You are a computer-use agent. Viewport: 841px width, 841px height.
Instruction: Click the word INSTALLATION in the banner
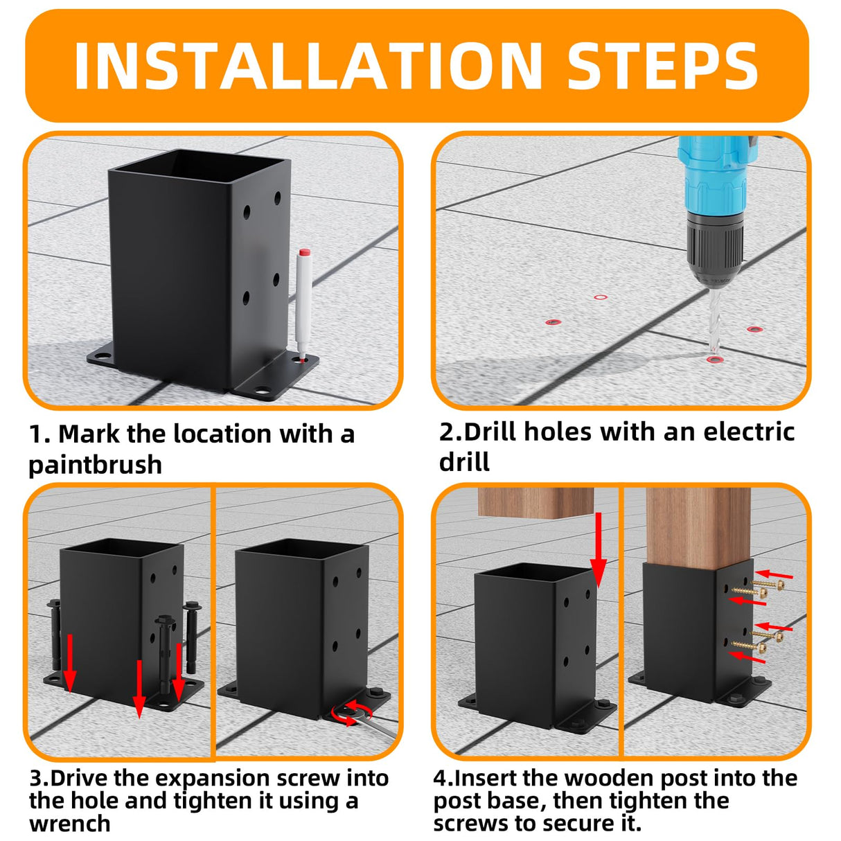[x=308, y=66]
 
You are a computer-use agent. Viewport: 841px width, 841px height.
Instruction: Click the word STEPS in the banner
[x=663, y=66]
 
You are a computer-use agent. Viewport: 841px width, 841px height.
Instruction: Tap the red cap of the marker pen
[x=304, y=253]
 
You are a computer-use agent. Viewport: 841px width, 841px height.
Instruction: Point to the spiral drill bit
[x=714, y=319]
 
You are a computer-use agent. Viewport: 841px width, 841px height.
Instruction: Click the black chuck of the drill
[x=714, y=249]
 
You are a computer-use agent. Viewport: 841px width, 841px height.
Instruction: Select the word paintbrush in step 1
[x=95, y=466]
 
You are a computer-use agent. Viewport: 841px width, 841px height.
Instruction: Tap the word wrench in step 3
[x=69, y=824]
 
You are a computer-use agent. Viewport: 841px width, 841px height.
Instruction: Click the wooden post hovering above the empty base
[x=536, y=503]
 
